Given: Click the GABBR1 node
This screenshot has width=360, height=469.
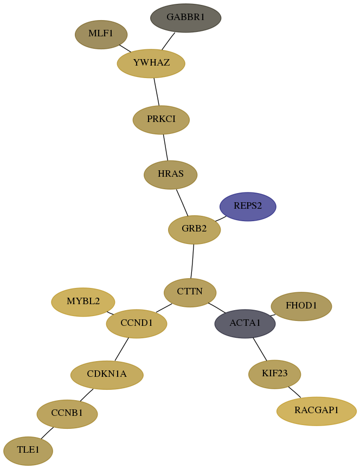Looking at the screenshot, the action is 185,18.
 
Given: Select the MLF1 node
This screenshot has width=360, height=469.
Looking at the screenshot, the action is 101,35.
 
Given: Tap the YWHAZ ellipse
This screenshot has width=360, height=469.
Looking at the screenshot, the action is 151,63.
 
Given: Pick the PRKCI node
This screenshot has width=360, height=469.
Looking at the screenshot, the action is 161,120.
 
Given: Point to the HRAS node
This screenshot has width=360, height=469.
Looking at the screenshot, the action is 170,175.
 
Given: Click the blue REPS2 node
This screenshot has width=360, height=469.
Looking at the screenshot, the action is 248,207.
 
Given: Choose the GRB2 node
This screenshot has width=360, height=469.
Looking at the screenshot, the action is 194,230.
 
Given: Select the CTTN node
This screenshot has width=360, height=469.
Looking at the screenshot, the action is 190,293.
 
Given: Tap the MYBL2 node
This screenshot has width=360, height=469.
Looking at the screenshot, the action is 83,302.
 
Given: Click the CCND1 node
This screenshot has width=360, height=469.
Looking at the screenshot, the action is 137,324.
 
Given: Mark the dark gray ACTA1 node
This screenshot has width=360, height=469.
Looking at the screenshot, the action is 245,324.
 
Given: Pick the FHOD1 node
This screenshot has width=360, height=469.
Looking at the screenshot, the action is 301,306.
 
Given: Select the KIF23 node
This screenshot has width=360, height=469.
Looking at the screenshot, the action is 274,375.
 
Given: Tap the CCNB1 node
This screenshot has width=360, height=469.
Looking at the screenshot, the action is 67,414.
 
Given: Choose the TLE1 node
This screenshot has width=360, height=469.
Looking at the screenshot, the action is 28,451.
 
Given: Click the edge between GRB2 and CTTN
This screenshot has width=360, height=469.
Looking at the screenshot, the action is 192,261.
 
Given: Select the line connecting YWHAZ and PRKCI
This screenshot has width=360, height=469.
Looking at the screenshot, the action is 156,92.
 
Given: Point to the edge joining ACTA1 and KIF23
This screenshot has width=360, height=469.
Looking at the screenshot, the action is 260,349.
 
